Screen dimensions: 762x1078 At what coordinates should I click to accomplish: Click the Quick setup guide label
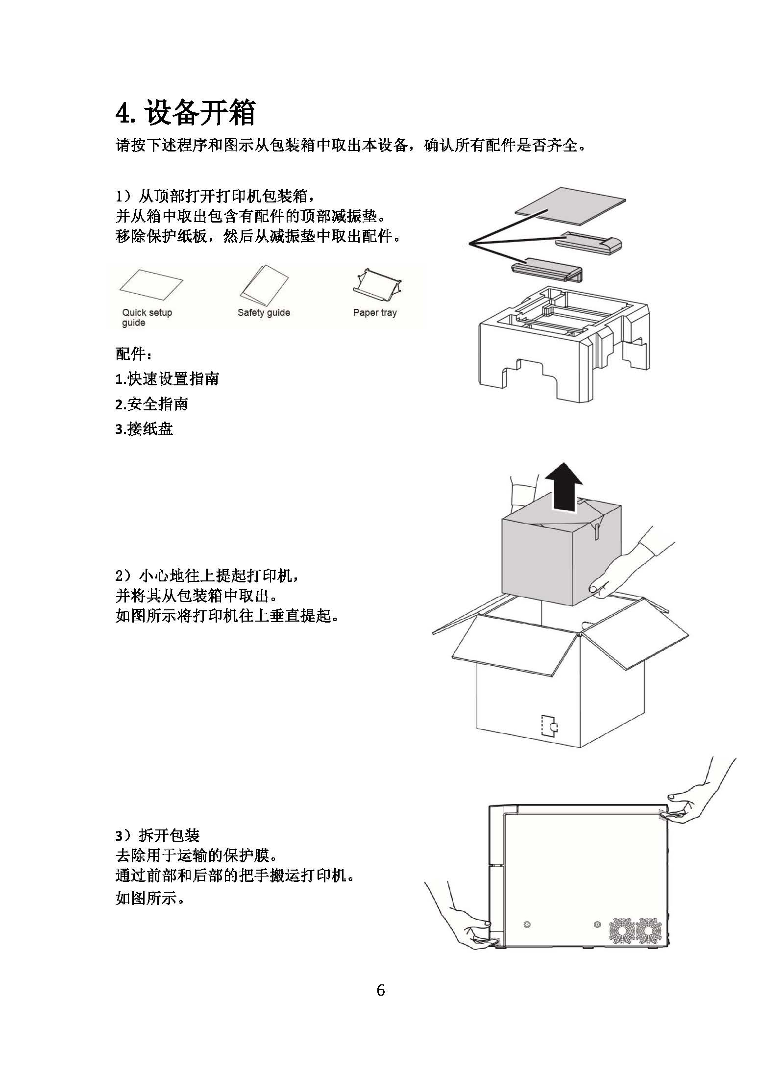tap(147, 317)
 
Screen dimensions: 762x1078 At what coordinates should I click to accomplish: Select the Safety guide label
tap(264, 312)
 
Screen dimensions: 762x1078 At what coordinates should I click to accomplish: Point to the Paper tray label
tap(375, 312)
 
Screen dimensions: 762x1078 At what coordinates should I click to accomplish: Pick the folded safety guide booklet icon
tap(264, 284)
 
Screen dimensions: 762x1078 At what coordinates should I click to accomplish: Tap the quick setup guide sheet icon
tap(151, 287)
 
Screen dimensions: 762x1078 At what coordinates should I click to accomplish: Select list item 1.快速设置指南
tap(167, 378)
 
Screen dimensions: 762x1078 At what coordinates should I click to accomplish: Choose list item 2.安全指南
tap(152, 404)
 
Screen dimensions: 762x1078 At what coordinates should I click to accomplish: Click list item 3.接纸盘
tap(144, 429)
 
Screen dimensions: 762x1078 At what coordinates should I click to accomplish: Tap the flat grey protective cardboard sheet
tap(571, 206)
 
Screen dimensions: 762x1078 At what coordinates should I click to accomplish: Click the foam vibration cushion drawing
tap(564, 343)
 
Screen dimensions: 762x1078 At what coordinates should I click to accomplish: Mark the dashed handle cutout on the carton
tap(549, 727)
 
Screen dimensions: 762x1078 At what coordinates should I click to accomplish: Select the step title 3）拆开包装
tap(158, 835)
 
